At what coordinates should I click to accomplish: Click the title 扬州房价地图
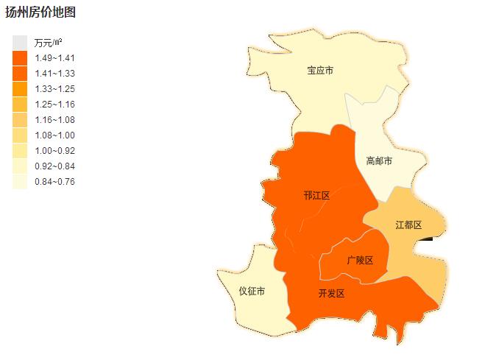pyautogui.click(x=40, y=12)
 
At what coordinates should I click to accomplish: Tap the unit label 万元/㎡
pyautogui.click(x=49, y=43)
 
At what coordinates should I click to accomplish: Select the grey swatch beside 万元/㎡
pyautogui.click(x=20, y=43)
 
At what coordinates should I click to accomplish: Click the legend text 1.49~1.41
pyautogui.click(x=55, y=58)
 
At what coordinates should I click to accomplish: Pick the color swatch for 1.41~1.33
pyautogui.click(x=20, y=74)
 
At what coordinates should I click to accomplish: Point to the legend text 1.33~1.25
pyautogui.click(x=55, y=89)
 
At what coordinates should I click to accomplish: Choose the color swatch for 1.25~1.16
pyautogui.click(x=20, y=105)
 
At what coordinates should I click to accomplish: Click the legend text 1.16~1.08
pyautogui.click(x=55, y=120)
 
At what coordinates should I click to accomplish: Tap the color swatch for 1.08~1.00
pyautogui.click(x=20, y=135)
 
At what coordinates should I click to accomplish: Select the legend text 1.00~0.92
pyautogui.click(x=55, y=151)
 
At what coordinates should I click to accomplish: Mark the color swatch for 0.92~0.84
pyautogui.click(x=20, y=166)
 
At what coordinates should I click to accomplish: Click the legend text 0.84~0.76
pyautogui.click(x=55, y=182)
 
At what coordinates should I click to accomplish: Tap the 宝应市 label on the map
pyautogui.click(x=320, y=71)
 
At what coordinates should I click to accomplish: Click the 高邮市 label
pyautogui.click(x=379, y=160)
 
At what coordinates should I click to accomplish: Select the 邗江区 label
pyautogui.click(x=316, y=196)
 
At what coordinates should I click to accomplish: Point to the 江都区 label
pyautogui.click(x=408, y=225)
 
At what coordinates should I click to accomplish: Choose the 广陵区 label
pyautogui.click(x=360, y=261)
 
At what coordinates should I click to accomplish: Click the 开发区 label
pyautogui.click(x=331, y=294)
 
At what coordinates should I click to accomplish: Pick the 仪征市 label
pyautogui.click(x=252, y=292)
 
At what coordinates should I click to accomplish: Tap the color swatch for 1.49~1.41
pyautogui.click(x=20, y=58)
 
